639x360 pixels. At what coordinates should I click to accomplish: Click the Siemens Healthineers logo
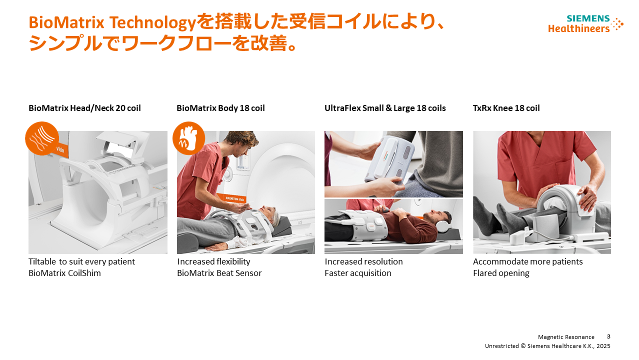pos(585,24)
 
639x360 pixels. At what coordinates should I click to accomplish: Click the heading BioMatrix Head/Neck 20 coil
pos(84,108)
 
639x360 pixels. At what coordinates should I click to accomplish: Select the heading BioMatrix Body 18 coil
pos(220,108)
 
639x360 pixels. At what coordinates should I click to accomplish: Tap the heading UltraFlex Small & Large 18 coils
pos(385,108)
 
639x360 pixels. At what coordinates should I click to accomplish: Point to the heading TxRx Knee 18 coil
pos(506,108)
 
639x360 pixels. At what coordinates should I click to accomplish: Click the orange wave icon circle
pos(42,138)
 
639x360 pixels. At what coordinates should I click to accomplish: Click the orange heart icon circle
pos(189,138)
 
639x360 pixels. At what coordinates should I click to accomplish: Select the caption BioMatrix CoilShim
pos(64,273)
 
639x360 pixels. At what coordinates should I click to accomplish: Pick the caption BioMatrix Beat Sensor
pos(219,273)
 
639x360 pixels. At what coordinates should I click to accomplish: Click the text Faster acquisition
pos(357,273)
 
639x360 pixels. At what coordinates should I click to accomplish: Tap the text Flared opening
pos(501,273)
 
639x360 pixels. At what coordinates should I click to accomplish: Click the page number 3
pos(608,336)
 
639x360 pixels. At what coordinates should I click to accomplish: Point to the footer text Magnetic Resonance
pos(566,337)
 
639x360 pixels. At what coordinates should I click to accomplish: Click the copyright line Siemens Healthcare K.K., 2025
pos(569,346)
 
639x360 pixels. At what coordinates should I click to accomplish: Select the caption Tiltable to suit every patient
pos(81,261)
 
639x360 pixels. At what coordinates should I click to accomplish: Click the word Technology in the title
pos(153,23)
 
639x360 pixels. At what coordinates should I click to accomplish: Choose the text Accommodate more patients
pos(527,261)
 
